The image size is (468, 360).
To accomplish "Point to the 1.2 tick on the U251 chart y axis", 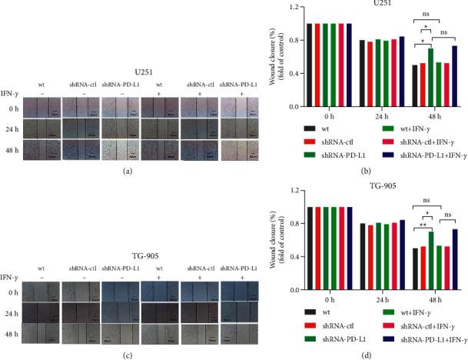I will [288, 6].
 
